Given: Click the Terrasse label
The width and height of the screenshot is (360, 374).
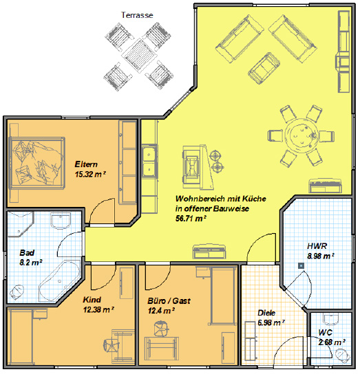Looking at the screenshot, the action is click(x=137, y=15).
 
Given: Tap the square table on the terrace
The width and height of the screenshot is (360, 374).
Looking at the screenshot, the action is click(x=139, y=54).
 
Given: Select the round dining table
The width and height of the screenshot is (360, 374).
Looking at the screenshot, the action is click(x=301, y=135).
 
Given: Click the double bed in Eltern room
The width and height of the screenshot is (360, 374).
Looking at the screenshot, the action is click(x=36, y=163).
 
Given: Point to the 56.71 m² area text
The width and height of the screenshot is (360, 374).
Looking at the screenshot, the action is click(x=191, y=218).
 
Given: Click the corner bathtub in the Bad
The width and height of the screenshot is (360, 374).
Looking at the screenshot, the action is click(x=59, y=280).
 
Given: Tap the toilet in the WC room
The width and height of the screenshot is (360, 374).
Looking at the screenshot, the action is click(x=342, y=354).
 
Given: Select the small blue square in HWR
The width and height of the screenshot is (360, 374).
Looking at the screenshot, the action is click(x=301, y=265).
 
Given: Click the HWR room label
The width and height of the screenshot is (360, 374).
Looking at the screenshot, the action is click(x=317, y=246).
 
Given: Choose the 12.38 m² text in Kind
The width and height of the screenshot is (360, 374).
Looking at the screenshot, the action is click(x=98, y=309).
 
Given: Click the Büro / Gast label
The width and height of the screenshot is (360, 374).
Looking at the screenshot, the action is click(x=169, y=300).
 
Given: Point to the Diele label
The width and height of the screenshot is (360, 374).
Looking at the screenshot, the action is click(x=266, y=313).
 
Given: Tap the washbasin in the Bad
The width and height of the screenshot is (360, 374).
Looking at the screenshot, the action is click(x=61, y=221).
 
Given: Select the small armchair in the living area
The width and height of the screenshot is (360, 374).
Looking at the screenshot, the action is click(x=264, y=68).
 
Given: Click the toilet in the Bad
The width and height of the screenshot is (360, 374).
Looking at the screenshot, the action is click(x=17, y=292).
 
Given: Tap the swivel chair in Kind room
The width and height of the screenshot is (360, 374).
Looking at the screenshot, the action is click(x=111, y=345).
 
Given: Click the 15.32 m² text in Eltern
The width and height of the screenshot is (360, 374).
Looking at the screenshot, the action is click(x=90, y=174).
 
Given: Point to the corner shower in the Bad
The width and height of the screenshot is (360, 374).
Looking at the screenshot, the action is click(x=20, y=224).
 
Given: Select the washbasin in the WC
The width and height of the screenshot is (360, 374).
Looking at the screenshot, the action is click(x=331, y=319).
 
